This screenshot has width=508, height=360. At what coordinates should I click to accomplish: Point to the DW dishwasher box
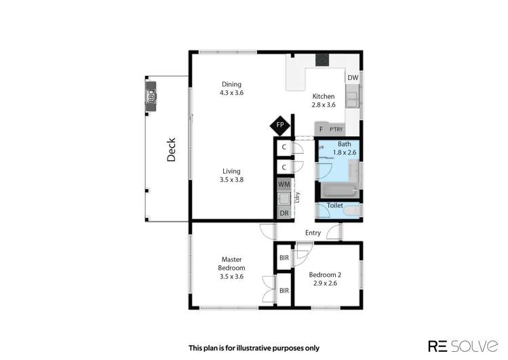(x=353, y=78)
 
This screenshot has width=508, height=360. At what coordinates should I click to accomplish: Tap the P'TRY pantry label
(x=336, y=129)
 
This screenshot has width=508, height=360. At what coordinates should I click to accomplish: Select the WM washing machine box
(x=284, y=184)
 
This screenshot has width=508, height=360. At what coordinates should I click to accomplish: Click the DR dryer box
(x=284, y=213)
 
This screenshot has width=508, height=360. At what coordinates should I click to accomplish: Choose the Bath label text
(x=345, y=144)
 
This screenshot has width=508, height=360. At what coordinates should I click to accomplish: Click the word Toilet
(x=334, y=205)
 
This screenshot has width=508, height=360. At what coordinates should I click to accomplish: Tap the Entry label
(x=313, y=233)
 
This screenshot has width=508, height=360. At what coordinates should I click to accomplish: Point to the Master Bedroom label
(x=231, y=263)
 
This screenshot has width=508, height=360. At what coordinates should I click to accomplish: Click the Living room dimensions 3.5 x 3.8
(x=231, y=180)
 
